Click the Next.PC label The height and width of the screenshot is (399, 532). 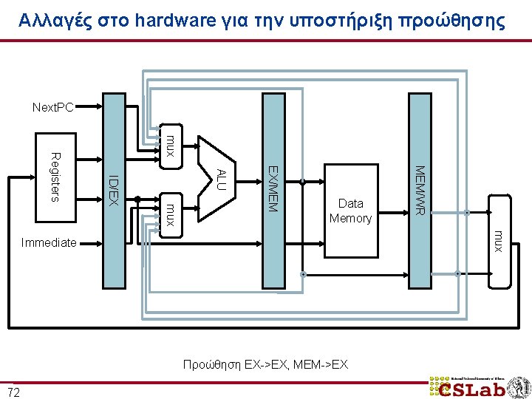coord(52,108)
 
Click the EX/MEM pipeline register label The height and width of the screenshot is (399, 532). coord(272,188)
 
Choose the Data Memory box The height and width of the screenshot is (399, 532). coord(351,211)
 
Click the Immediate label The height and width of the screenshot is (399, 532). coord(49,242)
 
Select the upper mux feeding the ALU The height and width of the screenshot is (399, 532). coord(170,145)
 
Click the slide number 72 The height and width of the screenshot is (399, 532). coord(13,390)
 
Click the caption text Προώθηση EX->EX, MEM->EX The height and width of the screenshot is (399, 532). coord(266,364)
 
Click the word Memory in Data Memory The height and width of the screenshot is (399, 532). coord(351,218)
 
